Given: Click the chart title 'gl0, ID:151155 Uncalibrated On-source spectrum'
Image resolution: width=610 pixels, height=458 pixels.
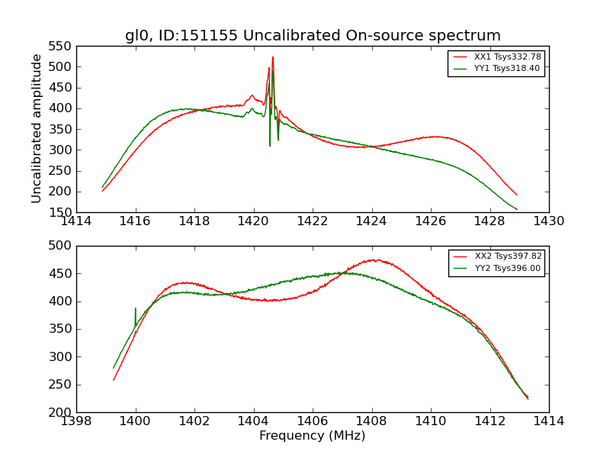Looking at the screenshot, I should coord(313,36).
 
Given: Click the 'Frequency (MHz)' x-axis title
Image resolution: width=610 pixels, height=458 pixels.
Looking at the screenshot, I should coord(313,436).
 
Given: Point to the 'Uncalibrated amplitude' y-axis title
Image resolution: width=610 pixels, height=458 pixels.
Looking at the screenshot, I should coord(37,128).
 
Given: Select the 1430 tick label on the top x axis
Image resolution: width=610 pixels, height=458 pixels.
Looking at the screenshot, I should coord(548,221).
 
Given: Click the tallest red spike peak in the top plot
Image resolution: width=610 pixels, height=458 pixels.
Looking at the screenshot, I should coord(272,57).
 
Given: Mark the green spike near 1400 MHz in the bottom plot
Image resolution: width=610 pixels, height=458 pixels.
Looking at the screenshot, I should coord(136,309).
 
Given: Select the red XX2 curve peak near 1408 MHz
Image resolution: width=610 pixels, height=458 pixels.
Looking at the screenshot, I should coord(374,260).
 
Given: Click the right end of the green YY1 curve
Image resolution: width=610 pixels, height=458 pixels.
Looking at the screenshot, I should coord(516,209).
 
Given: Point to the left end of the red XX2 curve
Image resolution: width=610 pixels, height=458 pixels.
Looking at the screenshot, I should coord(114,379).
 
